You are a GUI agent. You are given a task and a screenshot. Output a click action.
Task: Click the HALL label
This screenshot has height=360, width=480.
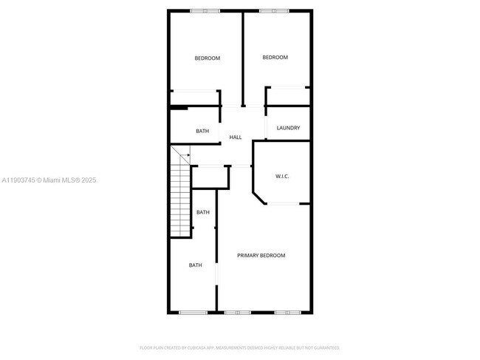(236, 137)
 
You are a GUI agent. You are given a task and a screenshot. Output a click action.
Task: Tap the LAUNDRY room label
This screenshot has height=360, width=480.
(288, 128)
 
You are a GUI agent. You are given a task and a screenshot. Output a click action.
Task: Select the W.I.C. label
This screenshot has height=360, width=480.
(282, 176)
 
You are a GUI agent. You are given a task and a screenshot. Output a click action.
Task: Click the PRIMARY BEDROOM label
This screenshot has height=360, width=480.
(261, 255)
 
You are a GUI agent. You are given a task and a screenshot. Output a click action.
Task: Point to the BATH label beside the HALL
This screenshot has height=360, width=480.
(202, 132)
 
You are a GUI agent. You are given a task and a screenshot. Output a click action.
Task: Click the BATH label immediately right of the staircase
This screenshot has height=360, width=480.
(202, 212)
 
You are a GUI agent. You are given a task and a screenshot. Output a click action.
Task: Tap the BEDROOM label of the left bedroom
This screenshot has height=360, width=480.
(207, 58)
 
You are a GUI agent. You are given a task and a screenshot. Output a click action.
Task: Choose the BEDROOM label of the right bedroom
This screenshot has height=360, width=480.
(275, 57)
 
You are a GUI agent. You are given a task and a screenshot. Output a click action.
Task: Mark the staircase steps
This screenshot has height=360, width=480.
(181, 200)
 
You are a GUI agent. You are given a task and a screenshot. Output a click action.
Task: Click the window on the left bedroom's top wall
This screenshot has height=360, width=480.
(205, 10)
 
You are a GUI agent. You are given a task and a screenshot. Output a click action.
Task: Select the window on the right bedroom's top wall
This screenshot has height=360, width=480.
(273, 10)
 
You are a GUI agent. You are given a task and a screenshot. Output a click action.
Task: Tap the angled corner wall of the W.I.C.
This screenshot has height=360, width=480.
(259, 197)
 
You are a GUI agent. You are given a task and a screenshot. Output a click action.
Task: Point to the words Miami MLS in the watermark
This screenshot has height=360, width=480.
(61, 180)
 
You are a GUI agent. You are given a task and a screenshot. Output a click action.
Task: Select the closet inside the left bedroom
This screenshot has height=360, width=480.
(194, 98)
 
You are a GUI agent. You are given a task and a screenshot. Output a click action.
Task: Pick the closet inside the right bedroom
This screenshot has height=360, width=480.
(287, 97)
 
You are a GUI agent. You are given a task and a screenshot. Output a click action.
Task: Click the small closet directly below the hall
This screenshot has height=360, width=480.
(210, 177)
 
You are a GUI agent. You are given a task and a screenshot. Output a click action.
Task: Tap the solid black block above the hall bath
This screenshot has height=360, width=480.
(177, 108)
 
